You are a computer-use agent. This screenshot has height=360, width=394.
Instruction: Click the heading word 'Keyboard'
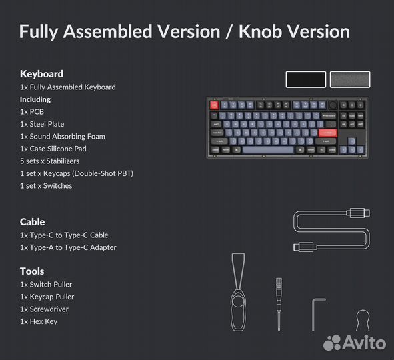[x=41, y=74]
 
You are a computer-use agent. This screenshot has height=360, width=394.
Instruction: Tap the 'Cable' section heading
[x=33, y=222]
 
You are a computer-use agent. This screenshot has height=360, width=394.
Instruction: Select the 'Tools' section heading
[x=32, y=271]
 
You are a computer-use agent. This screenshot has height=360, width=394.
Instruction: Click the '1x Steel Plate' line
[x=42, y=124]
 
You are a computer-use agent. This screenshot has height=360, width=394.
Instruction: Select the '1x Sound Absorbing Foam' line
[x=62, y=137]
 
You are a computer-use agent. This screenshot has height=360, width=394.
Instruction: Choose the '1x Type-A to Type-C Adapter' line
[x=68, y=247]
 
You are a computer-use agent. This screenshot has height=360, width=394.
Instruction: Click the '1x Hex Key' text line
[x=39, y=321]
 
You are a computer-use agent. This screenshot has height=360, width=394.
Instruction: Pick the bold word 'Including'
[x=35, y=99]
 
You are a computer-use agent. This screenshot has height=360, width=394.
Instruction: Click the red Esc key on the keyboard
[x=215, y=105]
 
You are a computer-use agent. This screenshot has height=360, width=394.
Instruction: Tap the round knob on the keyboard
[x=332, y=105]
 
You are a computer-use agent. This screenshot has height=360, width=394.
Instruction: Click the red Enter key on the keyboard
[x=328, y=132]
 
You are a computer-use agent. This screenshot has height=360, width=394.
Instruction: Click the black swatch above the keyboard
[x=305, y=79]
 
